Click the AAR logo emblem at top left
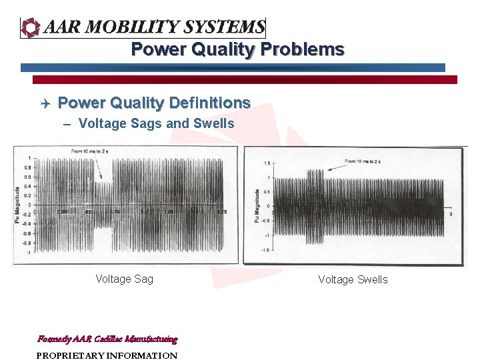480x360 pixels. [31, 27]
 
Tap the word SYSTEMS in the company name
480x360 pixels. [224, 27]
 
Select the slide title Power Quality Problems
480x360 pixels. [237, 49]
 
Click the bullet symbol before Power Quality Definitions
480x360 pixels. [44, 103]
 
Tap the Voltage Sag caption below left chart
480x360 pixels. [124, 279]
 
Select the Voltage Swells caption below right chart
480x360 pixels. [353, 280]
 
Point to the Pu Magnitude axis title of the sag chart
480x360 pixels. [17, 205]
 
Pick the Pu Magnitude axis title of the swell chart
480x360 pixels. [257, 206]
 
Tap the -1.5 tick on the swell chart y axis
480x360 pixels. [265, 249]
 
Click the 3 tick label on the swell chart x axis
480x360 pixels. [451, 214]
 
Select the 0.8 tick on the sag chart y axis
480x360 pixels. [27, 168]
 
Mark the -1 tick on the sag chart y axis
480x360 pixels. [28, 253]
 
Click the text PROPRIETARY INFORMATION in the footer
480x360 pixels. [107, 355]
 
